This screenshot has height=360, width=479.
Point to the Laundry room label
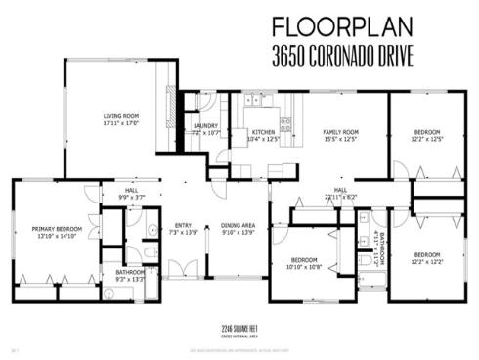point(205,125)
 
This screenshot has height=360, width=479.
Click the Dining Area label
point(238,225)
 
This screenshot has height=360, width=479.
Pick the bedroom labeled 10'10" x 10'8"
point(304,260)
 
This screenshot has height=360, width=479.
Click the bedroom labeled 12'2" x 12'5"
point(426,132)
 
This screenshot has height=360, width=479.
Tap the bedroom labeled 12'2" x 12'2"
point(426,255)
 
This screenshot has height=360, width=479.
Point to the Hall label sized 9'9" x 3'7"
point(131,192)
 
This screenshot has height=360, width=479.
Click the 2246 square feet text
point(239,330)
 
